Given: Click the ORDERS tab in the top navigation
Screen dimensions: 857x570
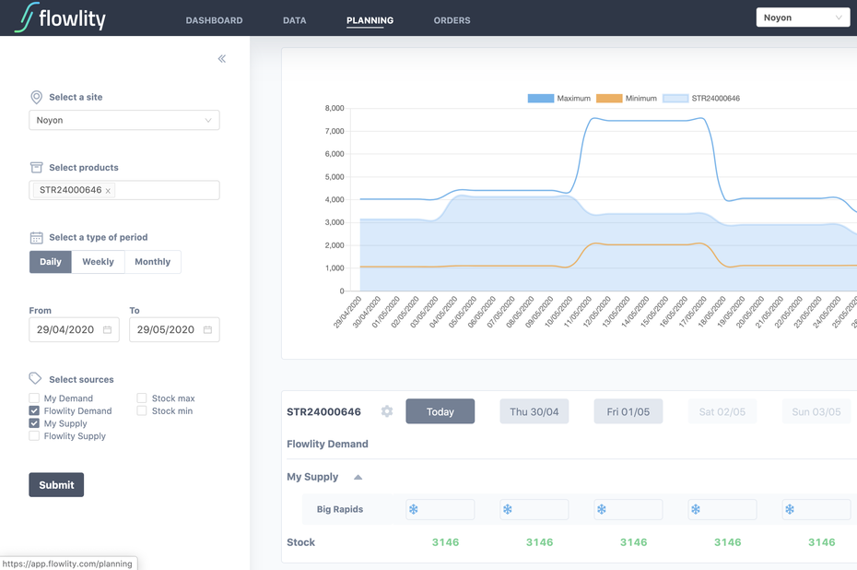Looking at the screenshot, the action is coord(452,20).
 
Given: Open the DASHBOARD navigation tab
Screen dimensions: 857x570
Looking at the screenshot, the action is coord(214,20).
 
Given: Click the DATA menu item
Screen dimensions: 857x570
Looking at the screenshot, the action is coord(294,20).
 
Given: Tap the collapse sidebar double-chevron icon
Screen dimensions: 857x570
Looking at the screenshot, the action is coord(222,58).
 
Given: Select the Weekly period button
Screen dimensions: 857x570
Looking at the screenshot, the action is coord(98,261).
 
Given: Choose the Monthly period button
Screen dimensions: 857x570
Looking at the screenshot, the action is coord(152,261).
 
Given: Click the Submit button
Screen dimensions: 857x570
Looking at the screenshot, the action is coord(56,484).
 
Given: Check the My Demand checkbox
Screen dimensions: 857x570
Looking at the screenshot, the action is coord(34,398).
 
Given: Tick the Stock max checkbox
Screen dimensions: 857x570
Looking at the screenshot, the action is coord(142,398).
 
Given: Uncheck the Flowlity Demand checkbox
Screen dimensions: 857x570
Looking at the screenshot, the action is coord(34,410).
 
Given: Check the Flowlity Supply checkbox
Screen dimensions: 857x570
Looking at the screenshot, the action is coord(34,435).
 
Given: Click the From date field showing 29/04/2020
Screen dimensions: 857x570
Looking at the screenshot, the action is coord(74,329).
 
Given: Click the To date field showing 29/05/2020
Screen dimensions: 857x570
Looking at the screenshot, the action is coord(174,329).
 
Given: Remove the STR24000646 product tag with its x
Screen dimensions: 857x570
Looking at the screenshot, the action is coord(108,191).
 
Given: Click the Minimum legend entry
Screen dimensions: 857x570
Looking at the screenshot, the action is coord(627,99).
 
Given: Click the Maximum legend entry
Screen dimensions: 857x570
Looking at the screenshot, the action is coord(559,99).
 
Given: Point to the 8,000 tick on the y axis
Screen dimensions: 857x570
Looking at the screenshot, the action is coord(335,108).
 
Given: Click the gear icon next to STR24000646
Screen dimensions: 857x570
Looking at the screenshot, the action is coord(387,410).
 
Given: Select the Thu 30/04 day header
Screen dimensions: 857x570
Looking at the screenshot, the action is coord(534,411).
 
